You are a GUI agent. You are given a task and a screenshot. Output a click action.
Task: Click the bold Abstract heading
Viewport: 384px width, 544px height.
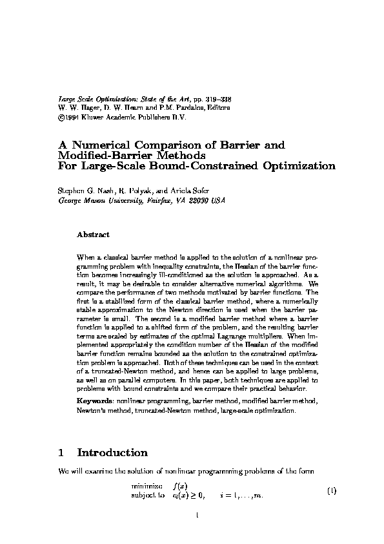(x=93, y=234)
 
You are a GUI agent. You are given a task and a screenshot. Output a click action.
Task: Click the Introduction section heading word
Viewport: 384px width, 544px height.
(x=113, y=453)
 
